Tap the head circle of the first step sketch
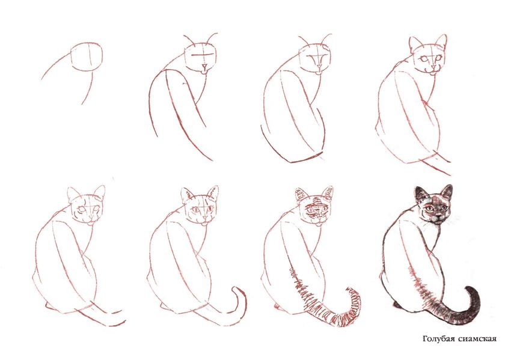pyautogui.click(x=87, y=56)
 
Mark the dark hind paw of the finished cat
pyautogui.click(x=397, y=305)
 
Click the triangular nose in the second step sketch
pyautogui.click(x=204, y=67)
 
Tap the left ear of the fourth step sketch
pyautogui.click(x=415, y=44)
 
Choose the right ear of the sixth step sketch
pyautogui.click(x=212, y=193)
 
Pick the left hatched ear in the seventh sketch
pyautogui.click(x=301, y=195)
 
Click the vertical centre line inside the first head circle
pyautogui.click(x=90, y=56)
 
